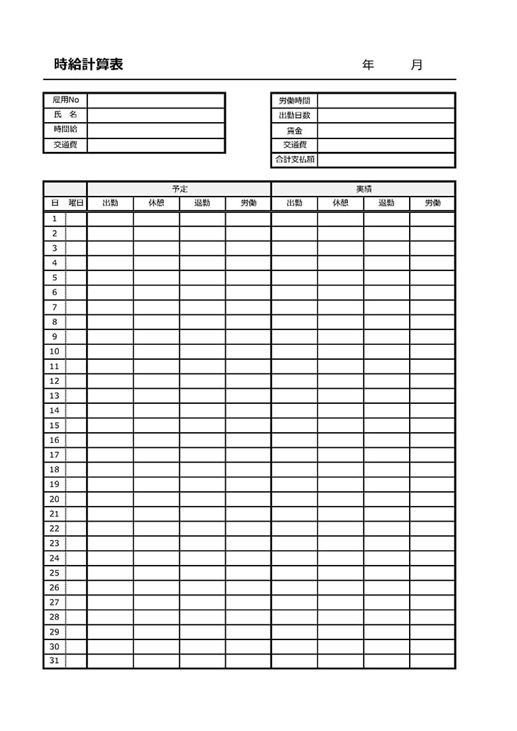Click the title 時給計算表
coord(89,65)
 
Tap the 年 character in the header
coord(368,65)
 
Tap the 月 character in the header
coord(417,65)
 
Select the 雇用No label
coord(65,100)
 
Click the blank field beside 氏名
coord(156,115)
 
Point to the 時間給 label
coord(65,130)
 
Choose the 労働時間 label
coord(294,101)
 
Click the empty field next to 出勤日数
coord(386,116)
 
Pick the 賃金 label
coord(294,131)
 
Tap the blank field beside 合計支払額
coord(386,160)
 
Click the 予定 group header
coord(180,189)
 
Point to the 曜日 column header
coord(76,204)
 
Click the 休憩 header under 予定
coord(156,204)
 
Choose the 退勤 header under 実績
coord(386,204)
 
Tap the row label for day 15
coord(55,425)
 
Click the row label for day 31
coord(55,661)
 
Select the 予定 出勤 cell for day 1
coord(110,219)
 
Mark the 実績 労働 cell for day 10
coord(432,351)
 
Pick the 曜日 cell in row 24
coord(76,558)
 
